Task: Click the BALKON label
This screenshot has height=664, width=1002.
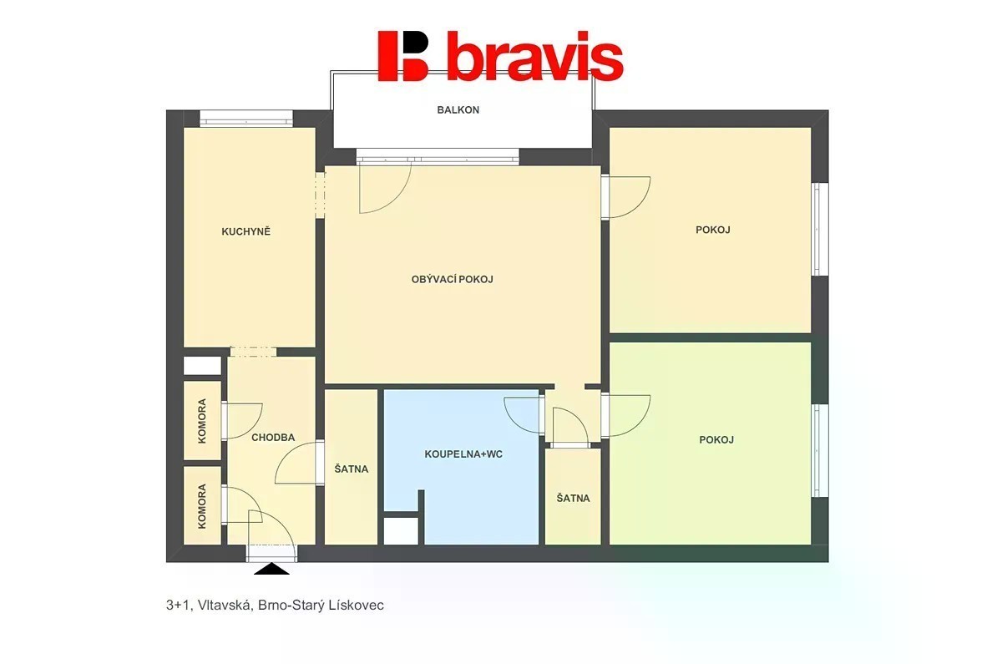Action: point(458,109)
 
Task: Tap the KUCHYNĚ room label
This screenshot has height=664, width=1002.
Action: point(246,231)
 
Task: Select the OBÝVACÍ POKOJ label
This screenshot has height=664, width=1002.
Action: point(453,279)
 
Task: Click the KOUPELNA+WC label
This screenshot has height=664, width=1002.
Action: point(463,454)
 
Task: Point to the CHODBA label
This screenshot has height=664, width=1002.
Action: point(273,438)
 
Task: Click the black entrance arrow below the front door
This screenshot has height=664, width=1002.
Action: point(271,569)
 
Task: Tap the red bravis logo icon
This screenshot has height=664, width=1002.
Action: point(403,55)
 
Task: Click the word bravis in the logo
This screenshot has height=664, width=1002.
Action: point(535,56)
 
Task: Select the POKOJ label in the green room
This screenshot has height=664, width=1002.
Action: point(716,440)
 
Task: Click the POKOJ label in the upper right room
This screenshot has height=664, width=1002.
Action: point(713,230)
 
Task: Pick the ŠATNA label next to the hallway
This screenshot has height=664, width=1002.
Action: point(352,469)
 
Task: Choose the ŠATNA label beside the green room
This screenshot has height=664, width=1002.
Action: point(573,498)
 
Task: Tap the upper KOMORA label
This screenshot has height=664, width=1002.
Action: point(202,421)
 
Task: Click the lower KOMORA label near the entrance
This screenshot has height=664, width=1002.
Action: point(202,506)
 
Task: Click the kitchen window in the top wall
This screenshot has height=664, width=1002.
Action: point(246,119)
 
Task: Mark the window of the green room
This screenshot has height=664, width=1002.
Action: point(819,450)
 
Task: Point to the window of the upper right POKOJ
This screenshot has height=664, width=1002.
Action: point(819,229)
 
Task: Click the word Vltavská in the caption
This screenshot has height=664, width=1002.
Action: point(225,605)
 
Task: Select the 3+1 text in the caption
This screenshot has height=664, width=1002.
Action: point(178,605)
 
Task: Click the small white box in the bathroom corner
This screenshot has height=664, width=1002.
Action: point(402,531)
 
